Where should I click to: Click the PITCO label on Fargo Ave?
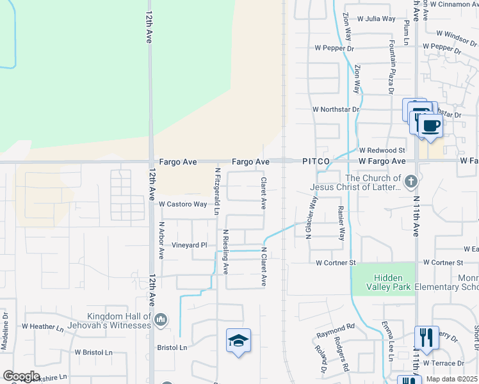point(316,162)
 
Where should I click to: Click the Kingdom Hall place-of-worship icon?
point(161,319)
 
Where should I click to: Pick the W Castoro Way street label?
point(183,205)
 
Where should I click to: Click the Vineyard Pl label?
point(190,245)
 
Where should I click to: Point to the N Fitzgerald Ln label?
point(218,191)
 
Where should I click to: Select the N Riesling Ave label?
point(225,252)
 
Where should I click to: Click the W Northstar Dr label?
point(333,109)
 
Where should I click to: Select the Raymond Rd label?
point(335,331)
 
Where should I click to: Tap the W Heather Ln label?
point(43,326)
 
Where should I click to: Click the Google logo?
point(21,376)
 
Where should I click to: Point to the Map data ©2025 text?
point(451,380)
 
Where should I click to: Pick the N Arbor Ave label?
point(161,241)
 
